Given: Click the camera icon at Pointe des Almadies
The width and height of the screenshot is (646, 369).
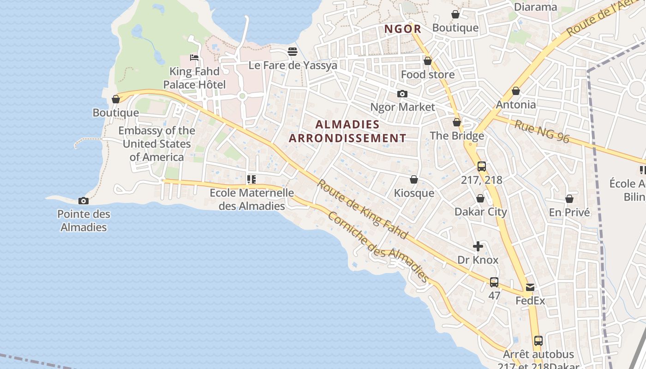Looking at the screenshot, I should click(x=84, y=201).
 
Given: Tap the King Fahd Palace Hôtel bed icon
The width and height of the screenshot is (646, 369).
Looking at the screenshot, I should click(x=194, y=58).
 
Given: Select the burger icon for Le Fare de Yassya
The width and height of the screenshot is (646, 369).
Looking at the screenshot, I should click(x=292, y=52).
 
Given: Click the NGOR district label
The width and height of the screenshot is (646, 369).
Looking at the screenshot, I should click(x=403, y=29).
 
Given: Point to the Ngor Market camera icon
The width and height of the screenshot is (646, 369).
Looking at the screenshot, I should click(x=402, y=94).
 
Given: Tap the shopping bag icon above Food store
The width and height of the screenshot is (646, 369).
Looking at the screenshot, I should click(x=428, y=61).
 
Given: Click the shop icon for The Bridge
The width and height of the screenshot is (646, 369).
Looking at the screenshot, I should click(x=457, y=122).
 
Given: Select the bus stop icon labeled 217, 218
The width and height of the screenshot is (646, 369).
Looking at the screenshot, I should click(x=482, y=167).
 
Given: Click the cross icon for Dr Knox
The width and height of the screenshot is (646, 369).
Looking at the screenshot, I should click(x=478, y=246).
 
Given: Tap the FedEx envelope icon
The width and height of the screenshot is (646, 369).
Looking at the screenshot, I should click(x=530, y=287).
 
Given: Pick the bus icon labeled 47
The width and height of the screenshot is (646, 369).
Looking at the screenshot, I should click(x=494, y=282).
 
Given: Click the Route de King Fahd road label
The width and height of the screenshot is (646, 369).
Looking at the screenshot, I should click(x=362, y=209).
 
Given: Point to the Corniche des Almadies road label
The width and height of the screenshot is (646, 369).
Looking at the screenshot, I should click(x=378, y=247).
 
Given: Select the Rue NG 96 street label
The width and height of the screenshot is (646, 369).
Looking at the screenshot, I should click(x=542, y=131).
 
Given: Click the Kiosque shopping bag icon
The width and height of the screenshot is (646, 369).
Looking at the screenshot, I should click(x=414, y=179).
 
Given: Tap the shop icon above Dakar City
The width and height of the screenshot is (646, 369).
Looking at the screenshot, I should click(x=480, y=198).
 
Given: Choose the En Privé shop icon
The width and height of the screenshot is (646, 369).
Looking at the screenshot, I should click(x=569, y=199).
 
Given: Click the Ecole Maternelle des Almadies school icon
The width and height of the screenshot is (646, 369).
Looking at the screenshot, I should click(x=251, y=179).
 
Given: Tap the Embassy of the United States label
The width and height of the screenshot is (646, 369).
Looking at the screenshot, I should click(x=156, y=143).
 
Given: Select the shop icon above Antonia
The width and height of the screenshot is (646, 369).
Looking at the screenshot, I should click(x=516, y=91).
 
